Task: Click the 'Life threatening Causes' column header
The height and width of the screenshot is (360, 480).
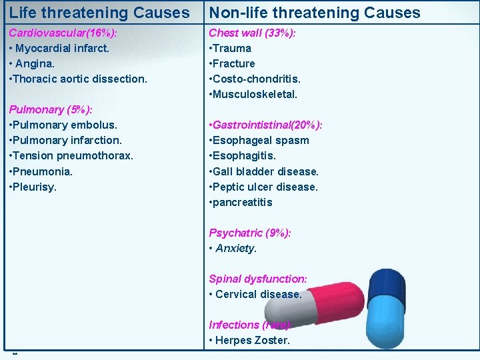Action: click(x=99, y=13)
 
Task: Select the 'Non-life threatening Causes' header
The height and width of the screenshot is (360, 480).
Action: click(x=315, y=13)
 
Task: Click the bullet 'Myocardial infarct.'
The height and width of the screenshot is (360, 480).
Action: click(x=62, y=48)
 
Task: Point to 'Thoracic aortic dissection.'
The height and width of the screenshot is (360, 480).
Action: click(x=80, y=79)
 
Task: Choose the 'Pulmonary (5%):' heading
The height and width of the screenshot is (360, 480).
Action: click(x=51, y=109)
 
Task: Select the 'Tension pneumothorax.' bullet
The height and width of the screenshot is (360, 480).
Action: click(x=73, y=155)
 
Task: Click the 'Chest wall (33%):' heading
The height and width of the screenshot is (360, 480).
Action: click(x=253, y=33)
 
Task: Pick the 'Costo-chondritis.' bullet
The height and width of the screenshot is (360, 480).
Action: click(x=257, y=79)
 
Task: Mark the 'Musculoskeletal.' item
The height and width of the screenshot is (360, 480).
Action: click(x=255, y=94)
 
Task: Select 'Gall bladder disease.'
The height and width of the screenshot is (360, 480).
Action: click(x=266, y=171)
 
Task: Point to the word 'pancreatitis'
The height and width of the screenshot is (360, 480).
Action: click(x=243, y=202)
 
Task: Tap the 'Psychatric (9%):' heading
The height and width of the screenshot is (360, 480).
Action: click(x=250, y=233)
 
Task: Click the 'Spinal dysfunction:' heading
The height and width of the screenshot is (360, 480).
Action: click(x=258, y=279)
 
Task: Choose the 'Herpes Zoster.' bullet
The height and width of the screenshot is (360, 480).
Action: click(x=253, y=341)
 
